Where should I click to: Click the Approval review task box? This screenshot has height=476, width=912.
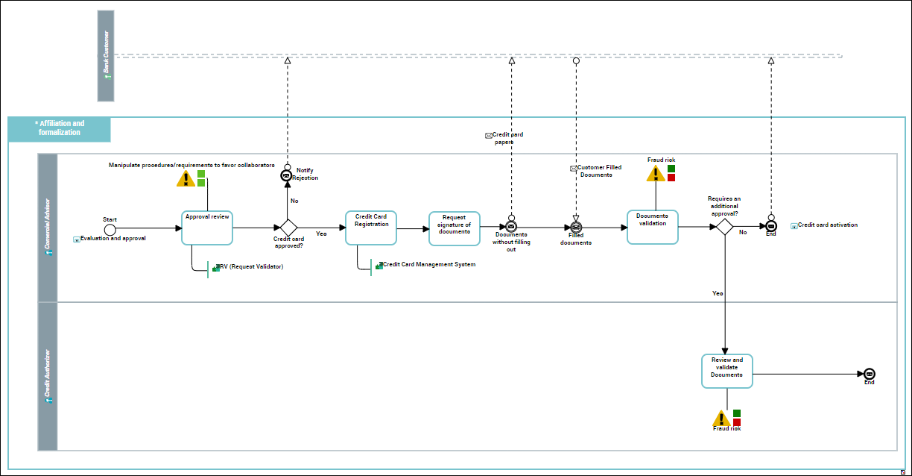pos(207,228)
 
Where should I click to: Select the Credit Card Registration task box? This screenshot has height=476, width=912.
pos(371,228)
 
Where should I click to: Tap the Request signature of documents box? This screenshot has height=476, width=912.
pos(455,228)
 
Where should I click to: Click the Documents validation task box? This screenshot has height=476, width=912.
pos(652,227)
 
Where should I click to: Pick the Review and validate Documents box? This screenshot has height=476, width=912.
pos(727,371)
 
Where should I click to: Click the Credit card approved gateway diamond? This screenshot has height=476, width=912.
pos(288,228)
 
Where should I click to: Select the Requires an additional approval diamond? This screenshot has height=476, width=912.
pos(724,228)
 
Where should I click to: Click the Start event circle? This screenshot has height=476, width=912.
pos(110,228)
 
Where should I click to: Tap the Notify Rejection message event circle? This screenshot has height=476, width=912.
pos(287,175)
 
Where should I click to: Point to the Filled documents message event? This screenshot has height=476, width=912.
pos(576,227)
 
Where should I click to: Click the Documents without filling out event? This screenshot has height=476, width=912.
pos(511,227)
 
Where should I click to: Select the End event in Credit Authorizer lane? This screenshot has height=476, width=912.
pos(869,374)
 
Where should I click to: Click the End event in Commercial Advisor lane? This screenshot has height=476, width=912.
pos(771,226)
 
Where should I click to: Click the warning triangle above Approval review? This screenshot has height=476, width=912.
pos(186,179)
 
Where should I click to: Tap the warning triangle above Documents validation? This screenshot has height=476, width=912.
pos(655,174)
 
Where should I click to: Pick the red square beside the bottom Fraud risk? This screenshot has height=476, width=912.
pos(737,422)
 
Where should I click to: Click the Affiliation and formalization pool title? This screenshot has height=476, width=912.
pos(60,128)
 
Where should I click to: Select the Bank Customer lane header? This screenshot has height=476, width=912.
pos(106,56)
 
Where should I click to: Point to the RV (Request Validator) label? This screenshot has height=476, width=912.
pos(251,266)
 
